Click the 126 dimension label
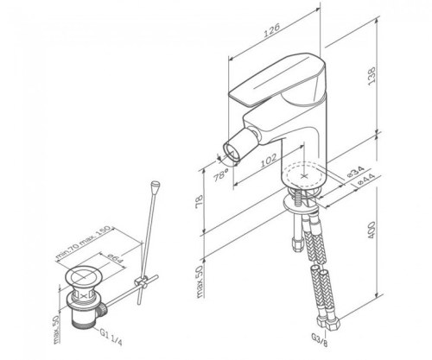272,30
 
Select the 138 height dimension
372,75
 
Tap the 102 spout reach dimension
268,161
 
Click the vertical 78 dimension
199,201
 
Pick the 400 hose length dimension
372,230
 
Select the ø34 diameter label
356,172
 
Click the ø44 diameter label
365,180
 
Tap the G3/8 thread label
320,340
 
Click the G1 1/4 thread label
111,337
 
